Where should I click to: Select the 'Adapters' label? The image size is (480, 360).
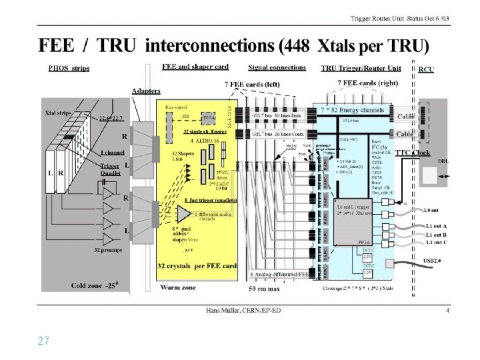pyautogui.click(x=145, y=90)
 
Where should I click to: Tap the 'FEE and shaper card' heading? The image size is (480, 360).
pyautogui.click(x=195, y=67)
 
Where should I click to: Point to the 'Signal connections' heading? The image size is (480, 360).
pyautogui.click(x=277, y=67)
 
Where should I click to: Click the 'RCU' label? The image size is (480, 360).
pyautogui.click(x=426, y=69)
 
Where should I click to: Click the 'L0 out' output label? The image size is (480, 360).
pyautogui.click(x=436, y=210)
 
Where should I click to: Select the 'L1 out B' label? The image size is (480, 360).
pyautogui.click(x=439, y=234)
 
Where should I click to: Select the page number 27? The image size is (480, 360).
pyautogui.click(x=43, y=341)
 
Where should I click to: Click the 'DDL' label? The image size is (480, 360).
pyautogui.click(x=443, y=161)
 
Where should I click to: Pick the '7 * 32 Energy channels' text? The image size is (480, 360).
pyautogui.click(x=361, y=108)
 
